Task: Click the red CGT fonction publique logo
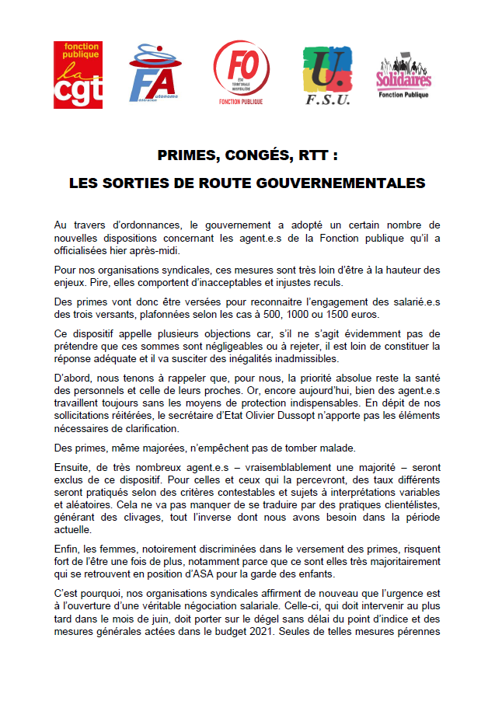click(x=78, y=75)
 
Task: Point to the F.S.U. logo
click(x=326, y=75)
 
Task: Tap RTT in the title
click(x=309, y=155)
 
